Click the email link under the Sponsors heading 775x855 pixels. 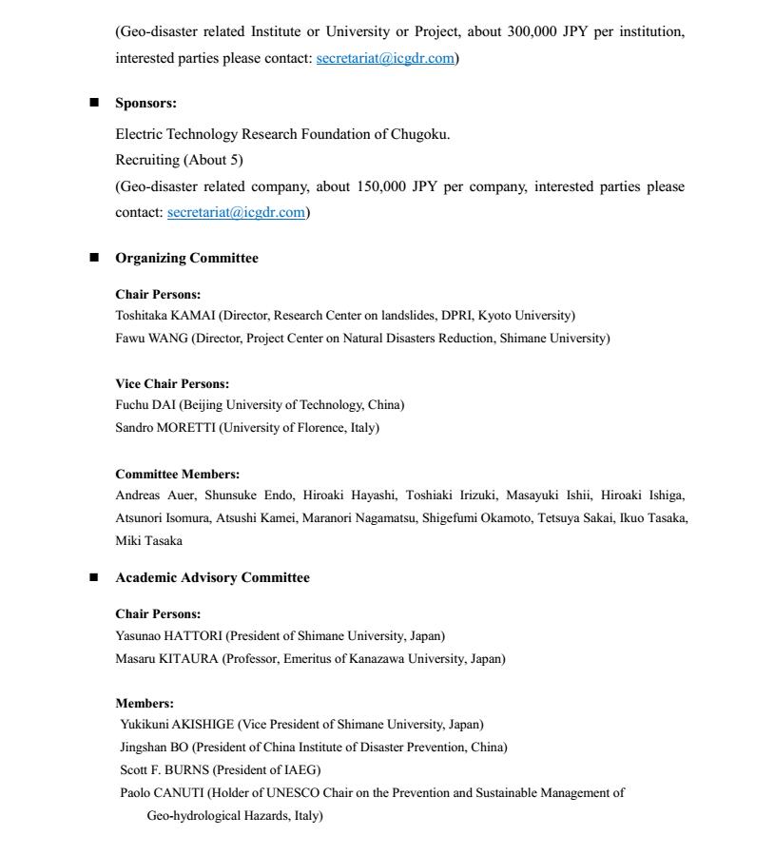click(236, 212)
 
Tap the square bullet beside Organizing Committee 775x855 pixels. click(94, 258)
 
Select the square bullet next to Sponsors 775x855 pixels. click(94, 103)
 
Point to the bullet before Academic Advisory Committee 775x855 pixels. click(94, 577)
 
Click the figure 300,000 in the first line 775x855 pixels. click(533, 31)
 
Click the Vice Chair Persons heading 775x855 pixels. click(172, 384)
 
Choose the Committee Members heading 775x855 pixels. click(177, 474)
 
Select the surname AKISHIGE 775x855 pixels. click(203, 725)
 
